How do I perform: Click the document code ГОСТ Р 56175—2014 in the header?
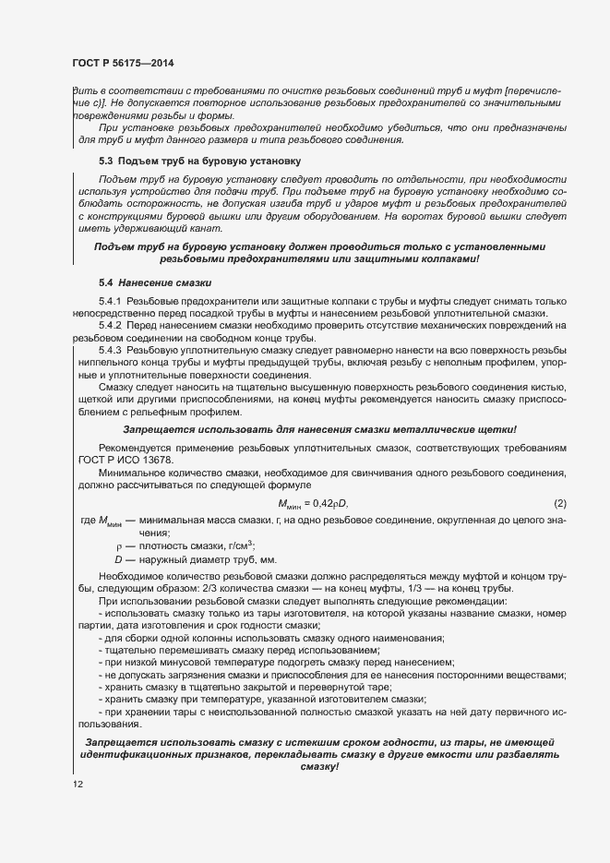123,62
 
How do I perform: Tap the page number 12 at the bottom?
78,785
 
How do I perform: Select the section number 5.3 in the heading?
106,161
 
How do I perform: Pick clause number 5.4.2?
112,327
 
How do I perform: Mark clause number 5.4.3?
112,351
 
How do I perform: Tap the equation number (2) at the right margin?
559,502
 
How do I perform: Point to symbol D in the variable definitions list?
118,559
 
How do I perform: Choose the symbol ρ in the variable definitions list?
118,545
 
